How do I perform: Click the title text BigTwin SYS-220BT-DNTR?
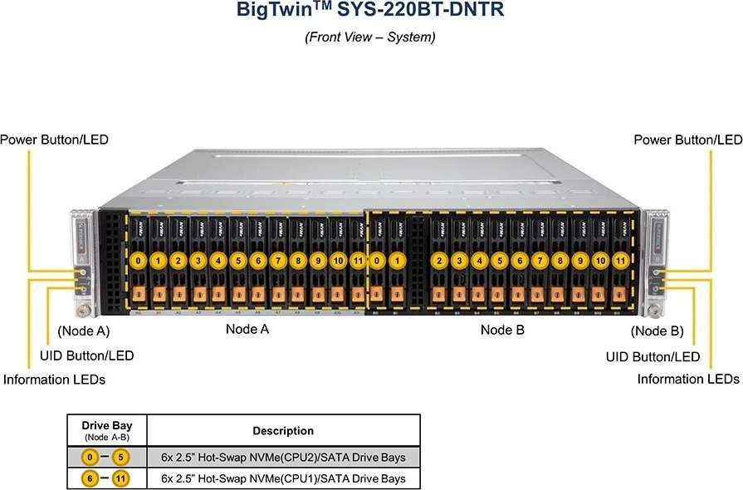coord(370,12)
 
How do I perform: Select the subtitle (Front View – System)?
coord(370,37)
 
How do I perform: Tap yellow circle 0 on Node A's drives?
coord(138,261)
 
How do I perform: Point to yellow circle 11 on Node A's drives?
coord(358,261)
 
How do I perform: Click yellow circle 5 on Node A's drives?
coord(237,261)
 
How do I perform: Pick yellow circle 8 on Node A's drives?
coord(297,261)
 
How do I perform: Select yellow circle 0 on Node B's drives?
coord(378,261)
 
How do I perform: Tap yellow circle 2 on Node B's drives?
coord(438,261)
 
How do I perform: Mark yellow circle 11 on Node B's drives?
coord(618,261)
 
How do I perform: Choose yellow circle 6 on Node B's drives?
coord(519,261)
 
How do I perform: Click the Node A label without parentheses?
coord(247,330)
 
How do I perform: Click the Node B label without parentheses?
coord(502,330)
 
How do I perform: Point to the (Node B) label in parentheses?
coord(656,331)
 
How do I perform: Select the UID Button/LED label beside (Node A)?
coord(86,355)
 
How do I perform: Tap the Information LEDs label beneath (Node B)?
coord(688,379)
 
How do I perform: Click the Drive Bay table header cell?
coord(106,430)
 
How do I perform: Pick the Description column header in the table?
coord(283,430)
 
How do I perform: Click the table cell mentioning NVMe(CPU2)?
coord(283,458)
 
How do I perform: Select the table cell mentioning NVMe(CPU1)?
coord(283,478)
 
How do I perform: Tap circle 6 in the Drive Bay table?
coord(89,478)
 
